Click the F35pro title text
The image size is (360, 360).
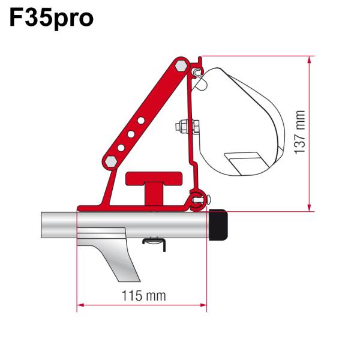[51, 18]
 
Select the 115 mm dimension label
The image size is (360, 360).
[142, 295]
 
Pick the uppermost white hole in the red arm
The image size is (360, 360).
[140, 121]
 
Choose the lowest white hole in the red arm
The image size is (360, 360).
[121, 147]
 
